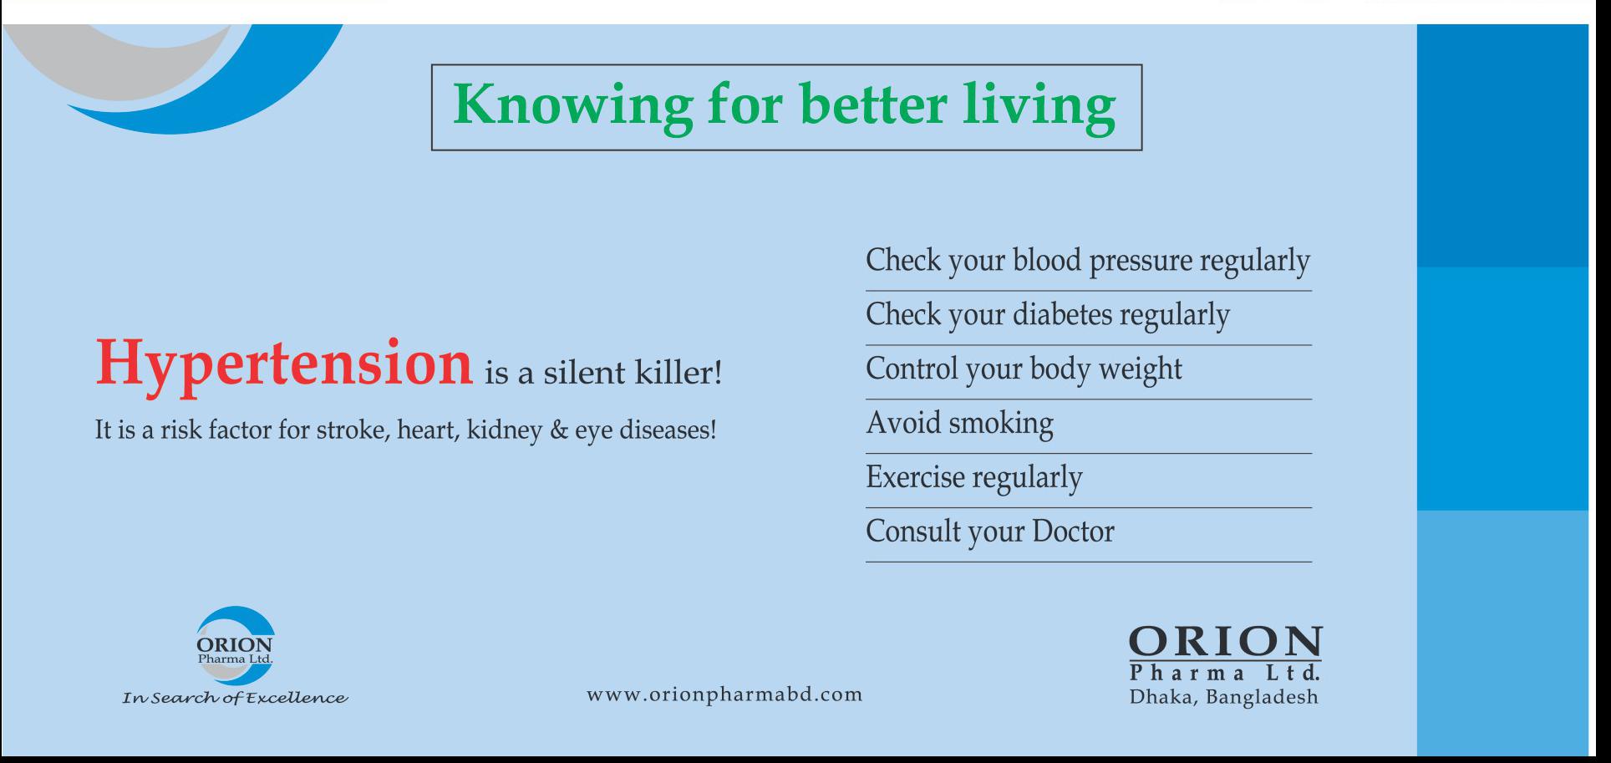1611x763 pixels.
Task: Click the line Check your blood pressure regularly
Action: click(x=1088, y=261)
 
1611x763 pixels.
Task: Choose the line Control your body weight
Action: click(x=1024, y=369)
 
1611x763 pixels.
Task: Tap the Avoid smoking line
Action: click(x=959, y=423)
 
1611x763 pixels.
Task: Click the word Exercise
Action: click(x=915, y=476)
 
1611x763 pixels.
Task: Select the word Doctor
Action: click(x=1073, y=532)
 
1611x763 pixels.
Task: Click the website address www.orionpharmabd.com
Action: click(x=724, y=695)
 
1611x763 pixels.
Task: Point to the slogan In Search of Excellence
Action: click(x=235, y=698)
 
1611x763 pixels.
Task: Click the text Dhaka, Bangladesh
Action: click(x=1224, y=697)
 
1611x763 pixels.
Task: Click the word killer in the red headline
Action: click(x=678, y=372)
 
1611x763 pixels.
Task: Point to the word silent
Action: click(x=585, y=372)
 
